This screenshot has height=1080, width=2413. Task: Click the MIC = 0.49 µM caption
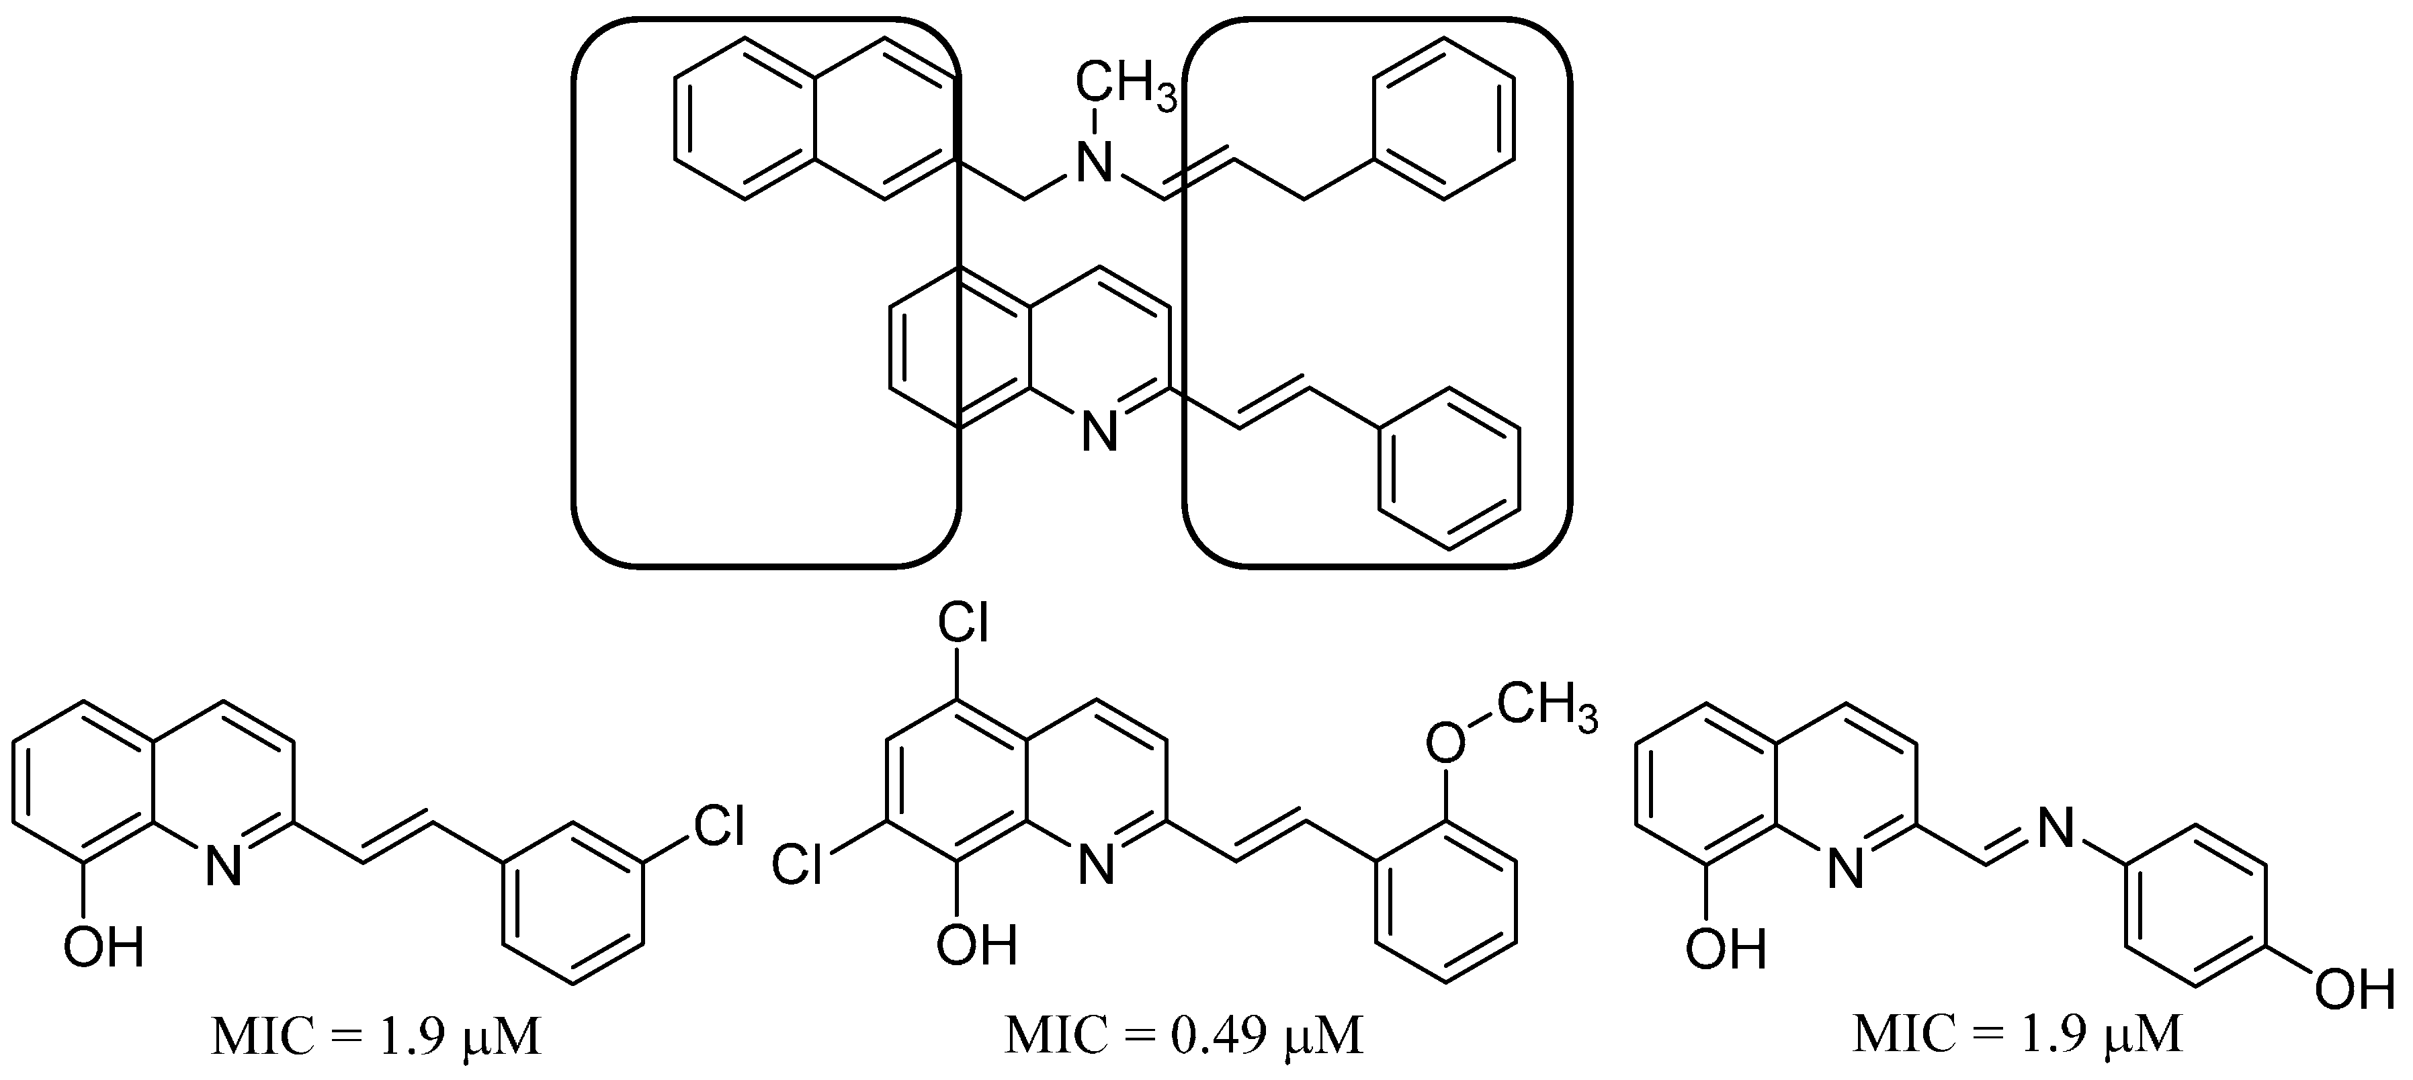(x=1183, y=1034)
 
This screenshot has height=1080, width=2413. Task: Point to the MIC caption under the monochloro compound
(x=376, y=1034)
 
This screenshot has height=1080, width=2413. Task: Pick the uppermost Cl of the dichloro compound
(x=963, y=626)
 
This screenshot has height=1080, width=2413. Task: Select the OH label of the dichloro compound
(x=977, y=944)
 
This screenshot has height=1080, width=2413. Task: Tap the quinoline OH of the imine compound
(x=1726, y=948)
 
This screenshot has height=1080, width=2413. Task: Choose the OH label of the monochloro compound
(x=104, y=948)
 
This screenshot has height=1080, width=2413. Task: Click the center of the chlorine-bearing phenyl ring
(x=573, y=902)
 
